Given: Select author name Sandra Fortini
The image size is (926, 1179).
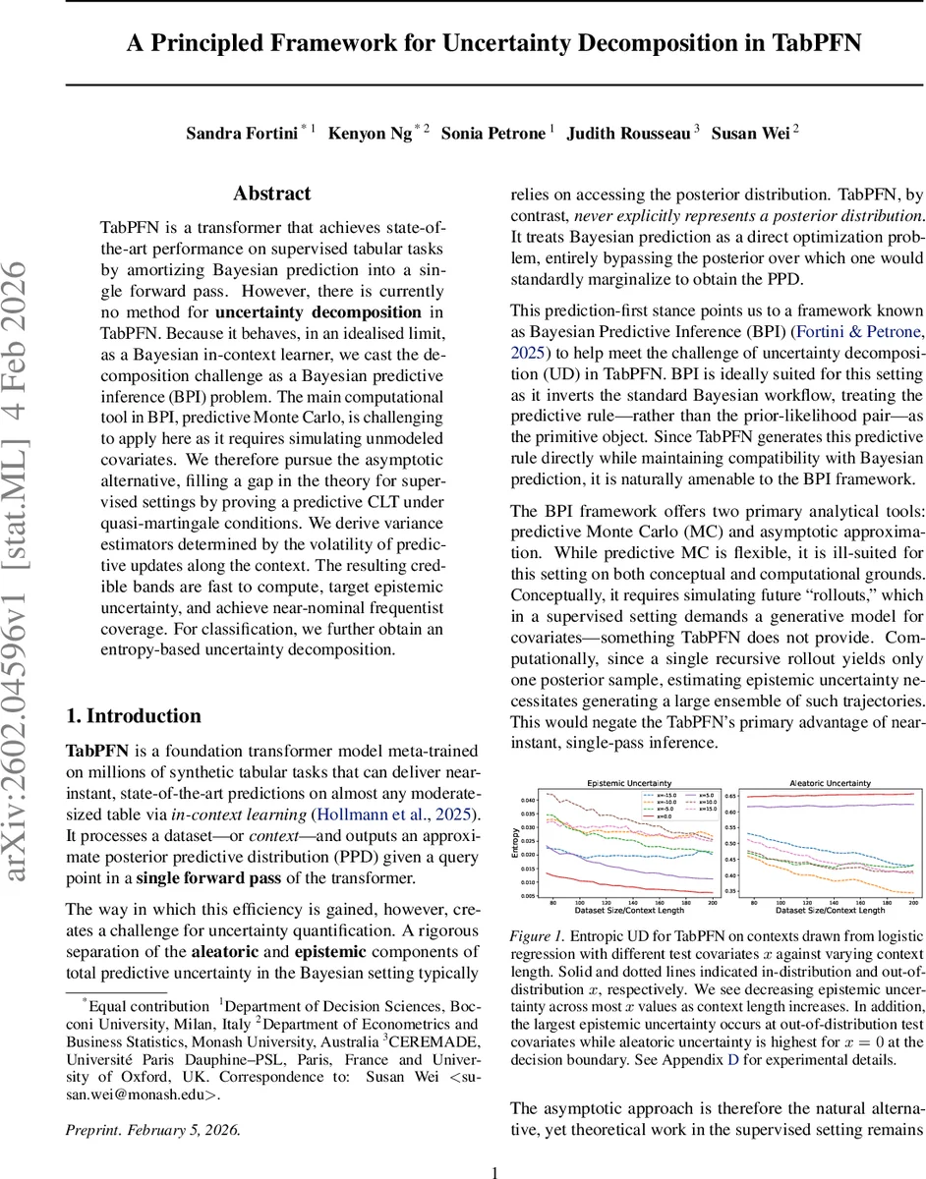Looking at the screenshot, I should [x=241, y=133].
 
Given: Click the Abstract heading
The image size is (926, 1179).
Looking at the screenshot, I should [x=271, y=194].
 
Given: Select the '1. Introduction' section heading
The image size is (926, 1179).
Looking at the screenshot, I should [x=133, y=715].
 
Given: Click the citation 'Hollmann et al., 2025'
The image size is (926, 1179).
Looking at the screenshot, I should [x=393, y=814].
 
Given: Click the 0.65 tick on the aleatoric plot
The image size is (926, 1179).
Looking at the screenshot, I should [x=729, y=796].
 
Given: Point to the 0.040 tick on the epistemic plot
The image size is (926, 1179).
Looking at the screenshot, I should [x=527, y=800].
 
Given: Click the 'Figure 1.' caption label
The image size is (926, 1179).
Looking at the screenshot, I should [x=537, y=936].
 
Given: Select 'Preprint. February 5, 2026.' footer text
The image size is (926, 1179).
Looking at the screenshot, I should [x=152, y=1129].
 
